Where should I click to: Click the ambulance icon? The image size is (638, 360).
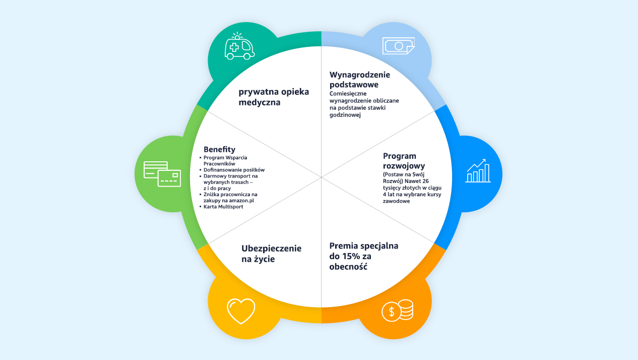239,47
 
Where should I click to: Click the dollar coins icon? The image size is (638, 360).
398,311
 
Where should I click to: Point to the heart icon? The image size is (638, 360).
241,311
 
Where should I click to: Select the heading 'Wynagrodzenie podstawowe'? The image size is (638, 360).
360,80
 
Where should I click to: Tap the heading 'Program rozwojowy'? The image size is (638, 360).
403,161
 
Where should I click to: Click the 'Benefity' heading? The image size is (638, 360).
219,149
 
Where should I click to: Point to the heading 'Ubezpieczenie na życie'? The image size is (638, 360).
271,254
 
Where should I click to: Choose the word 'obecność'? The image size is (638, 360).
348,267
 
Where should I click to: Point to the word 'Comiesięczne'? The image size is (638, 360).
349,94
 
